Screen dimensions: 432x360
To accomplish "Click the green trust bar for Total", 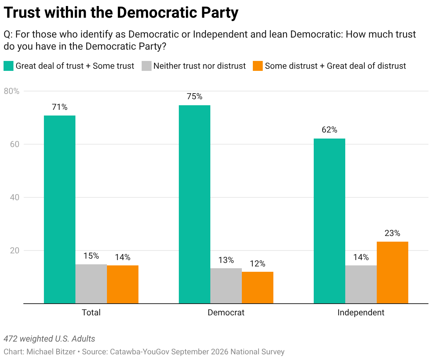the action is tap(59, 209).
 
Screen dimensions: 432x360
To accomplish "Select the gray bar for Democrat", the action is tap(226, 286).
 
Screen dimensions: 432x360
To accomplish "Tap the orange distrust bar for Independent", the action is tap(392, 272).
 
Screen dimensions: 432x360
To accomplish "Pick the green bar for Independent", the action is tap(329, 221).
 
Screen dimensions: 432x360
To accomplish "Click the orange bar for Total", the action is tap(123, 285).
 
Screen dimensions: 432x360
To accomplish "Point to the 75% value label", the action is tap(194, 96).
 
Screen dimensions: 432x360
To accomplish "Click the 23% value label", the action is tap(392, 233).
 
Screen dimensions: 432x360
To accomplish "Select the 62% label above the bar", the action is tap(329, 130).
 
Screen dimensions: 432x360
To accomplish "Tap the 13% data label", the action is tap(226, 260).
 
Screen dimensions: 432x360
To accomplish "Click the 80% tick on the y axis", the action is tap(12, 91).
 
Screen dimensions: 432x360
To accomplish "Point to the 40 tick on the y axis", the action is tap(15, 197).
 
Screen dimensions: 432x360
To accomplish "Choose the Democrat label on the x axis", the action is tap(226, 313).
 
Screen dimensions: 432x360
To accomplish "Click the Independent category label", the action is tap(361, 313).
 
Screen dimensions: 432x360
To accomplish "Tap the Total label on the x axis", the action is tap(91, 313).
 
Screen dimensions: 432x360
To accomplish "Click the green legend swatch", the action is tap(8, 66).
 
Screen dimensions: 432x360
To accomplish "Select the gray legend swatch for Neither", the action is tap(147, 66).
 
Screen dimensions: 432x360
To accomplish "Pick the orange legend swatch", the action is tap(258, 66).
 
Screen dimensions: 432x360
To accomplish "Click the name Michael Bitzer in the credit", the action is tap(51, 352).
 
